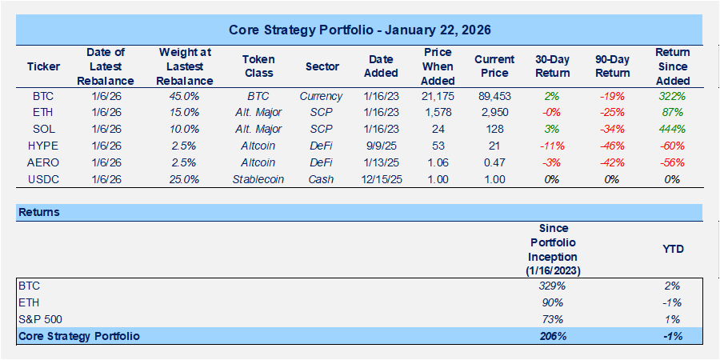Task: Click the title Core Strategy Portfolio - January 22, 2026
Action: (359, 30)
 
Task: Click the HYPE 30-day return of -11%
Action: (550, 146)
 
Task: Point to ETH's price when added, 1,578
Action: (437, 113)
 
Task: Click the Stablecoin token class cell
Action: (259, 179)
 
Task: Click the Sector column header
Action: (322, 67)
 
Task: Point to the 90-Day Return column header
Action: (611, 67)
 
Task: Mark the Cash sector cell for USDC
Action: (322, 179)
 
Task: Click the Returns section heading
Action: (39, 213)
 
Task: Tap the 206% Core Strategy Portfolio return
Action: (552, 336)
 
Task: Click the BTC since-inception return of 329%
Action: (552, 286)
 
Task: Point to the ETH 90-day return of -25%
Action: (611, 113)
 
